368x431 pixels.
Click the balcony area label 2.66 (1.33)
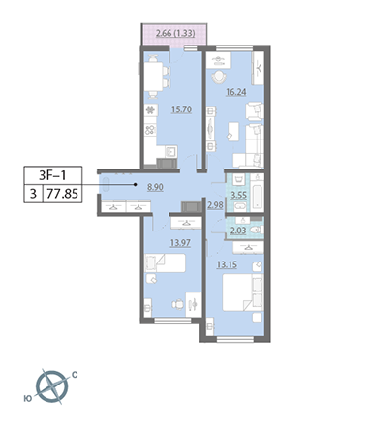(175, 34)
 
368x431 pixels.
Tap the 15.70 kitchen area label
(181, 109)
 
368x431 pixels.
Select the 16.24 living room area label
(236, 92)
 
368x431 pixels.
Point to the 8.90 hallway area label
(155, 187)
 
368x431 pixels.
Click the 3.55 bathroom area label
(239, 195)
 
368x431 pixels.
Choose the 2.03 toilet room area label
(238, 231)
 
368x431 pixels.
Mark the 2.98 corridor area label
(215, 205)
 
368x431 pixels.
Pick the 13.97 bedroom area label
(180, 242)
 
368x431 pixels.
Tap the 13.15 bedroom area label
(227, 264)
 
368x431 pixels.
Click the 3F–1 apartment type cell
(52, 175)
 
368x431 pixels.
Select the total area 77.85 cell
(62, 194)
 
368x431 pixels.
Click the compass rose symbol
(52, 386)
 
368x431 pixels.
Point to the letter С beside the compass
(75, 375)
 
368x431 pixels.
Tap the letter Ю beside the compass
(28, 399)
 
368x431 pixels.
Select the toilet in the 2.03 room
(257, 230)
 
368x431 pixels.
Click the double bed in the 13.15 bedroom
(243, 292)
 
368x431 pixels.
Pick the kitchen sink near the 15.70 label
(171, 151)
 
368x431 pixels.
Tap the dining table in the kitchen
(153, 77)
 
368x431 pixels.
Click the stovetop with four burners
(150, 130)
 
